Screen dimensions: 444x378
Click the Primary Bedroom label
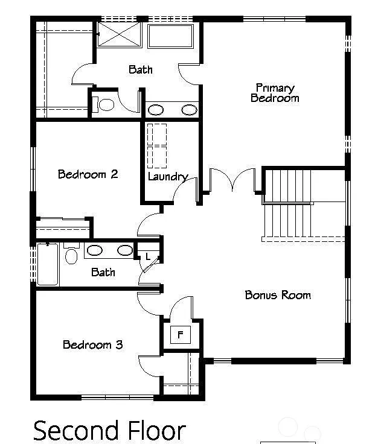(275, 92)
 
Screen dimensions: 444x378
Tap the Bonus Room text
(278, 295)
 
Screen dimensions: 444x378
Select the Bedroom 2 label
(88, 174)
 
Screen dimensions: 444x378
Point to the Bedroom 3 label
(92, 345)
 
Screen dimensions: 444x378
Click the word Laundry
(167, 177)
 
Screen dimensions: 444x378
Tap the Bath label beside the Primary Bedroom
(140, 69)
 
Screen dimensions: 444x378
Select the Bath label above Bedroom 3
(103, 272)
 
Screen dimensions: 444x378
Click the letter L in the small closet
(147, 257)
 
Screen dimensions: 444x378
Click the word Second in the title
(76, 431)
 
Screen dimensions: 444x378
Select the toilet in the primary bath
(104, 105)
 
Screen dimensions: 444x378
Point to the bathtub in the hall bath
(48, 264)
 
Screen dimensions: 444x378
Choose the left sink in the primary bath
(156, 110)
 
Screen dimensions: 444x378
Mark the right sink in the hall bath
(124, 250)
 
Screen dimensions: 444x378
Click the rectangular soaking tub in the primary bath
(171, 36)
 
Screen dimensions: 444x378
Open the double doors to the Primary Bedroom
(233, 181)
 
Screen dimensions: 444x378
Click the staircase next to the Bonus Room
(289, 205)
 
